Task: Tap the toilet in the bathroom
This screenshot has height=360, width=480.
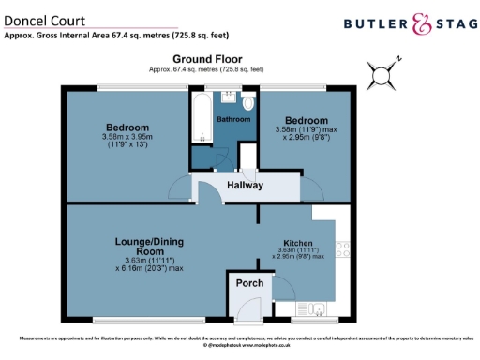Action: [247, 102]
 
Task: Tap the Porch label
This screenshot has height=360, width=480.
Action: [248, 283]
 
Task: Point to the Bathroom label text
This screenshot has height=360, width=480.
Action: [234, 120]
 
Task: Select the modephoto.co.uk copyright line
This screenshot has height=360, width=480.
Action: [240, 345]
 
